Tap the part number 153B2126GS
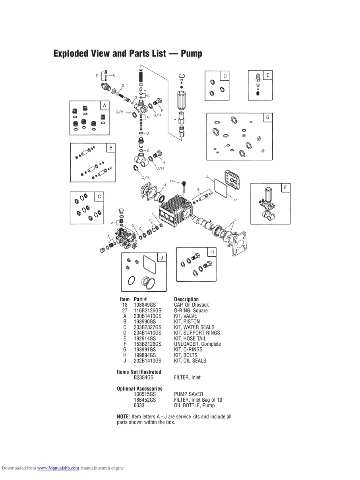click(x=147, y=344)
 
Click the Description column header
click(x=186, y=299)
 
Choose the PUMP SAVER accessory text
click(x=188, y=394)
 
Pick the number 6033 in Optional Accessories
click(x=139, y=405)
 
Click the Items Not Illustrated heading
click(x=139, y=372)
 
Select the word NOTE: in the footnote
click(x=123, y=416)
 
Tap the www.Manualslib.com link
click(x=58, y=468)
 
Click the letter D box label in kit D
click(x=225, y=76)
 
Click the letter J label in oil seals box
click(x=161, y=258)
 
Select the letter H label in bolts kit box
click(x=212, y=252)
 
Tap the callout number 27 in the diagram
click(x=235, y=199)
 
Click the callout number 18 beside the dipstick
click(x=172, y=181)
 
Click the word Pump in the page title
click(x=192, y=53)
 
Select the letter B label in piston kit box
click(x=111, y=148)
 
